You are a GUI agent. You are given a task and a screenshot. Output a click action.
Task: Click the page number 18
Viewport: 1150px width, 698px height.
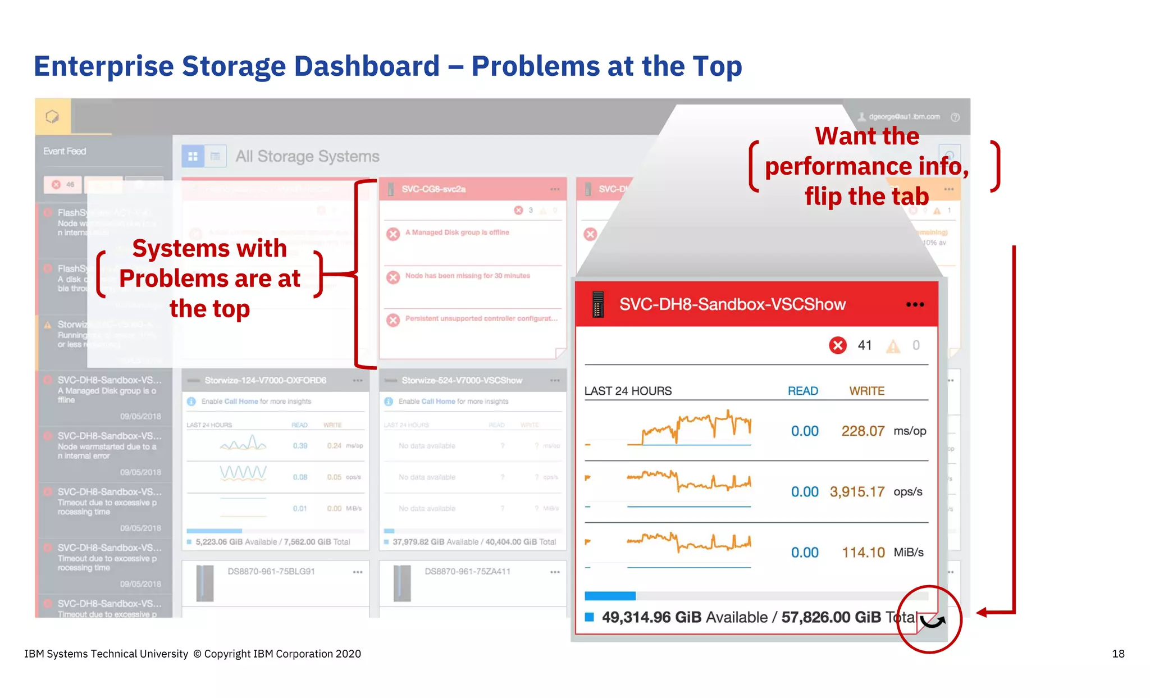[1117, 654]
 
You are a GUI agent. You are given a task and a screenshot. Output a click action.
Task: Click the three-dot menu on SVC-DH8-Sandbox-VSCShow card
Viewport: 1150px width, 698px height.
[915, 304]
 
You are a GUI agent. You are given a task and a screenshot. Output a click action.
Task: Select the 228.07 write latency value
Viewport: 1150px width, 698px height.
[862, 431]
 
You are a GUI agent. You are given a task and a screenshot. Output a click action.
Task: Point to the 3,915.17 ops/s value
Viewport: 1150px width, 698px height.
[857, 492]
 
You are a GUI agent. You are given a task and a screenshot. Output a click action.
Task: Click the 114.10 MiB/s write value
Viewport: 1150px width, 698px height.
[863, 553]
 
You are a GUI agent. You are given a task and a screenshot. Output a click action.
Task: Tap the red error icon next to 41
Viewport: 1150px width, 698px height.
[838, 345]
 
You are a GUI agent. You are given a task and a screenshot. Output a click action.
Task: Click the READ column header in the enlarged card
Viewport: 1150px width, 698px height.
[802, 391]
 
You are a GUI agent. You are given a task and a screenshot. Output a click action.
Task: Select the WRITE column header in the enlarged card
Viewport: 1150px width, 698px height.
[866, 391]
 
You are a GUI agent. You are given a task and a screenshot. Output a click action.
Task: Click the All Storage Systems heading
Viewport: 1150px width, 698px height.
[307, 156]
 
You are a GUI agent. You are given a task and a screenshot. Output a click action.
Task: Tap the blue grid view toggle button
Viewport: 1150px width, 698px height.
[193, 156]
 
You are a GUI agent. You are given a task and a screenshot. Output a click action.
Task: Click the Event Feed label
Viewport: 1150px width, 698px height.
[65, 151]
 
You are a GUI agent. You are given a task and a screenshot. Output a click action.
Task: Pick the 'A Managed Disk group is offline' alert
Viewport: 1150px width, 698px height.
[457, 232]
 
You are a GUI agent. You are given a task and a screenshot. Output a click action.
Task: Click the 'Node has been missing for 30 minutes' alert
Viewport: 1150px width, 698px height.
[467, 276]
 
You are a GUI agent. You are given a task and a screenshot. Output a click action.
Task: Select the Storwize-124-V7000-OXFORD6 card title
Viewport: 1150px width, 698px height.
[265, 380]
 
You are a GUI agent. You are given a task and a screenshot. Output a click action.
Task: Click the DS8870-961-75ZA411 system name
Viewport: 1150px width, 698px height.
[467, 572]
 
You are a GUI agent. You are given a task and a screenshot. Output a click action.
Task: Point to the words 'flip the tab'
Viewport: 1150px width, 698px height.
[866, 197]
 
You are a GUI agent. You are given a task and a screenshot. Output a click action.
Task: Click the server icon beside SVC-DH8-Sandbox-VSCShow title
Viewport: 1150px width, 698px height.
[598, 304]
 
